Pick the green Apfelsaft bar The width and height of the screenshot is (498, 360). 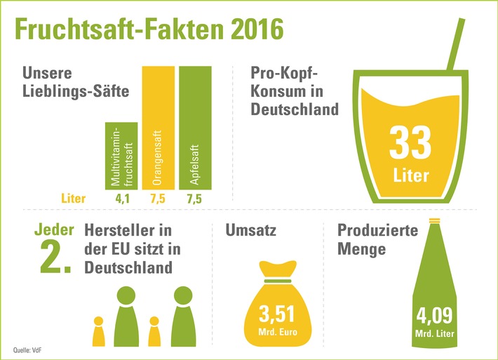(x=194, y=126)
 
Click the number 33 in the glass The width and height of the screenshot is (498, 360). (x=409, y=142)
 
